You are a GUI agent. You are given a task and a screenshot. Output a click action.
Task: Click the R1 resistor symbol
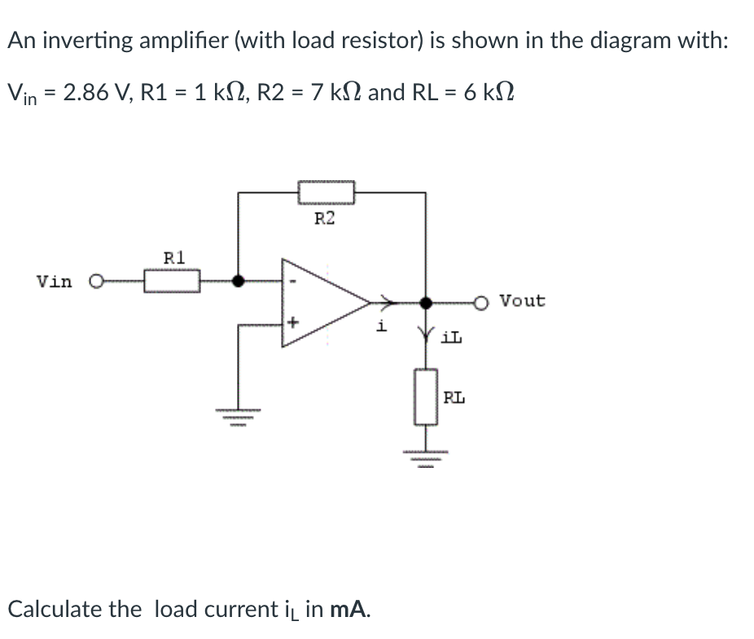(x=173, y=282)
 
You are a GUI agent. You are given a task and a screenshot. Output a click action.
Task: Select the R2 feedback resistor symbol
(x=326, y=192)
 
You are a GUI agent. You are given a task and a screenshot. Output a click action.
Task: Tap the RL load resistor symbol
(x=426, y=396)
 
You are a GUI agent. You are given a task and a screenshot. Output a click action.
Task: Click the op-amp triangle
(x=322, y=302)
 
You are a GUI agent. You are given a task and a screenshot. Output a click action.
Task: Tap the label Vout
(x=523, y=300)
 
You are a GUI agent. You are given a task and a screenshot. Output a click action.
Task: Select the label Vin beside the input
(x=54, y=282)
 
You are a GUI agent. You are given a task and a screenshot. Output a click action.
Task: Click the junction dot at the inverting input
(x=238, y=282)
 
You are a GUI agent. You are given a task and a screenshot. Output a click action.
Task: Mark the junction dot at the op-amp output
(x=425, y=302)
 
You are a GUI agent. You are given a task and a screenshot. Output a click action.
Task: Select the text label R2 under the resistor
(x=324, y=218)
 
